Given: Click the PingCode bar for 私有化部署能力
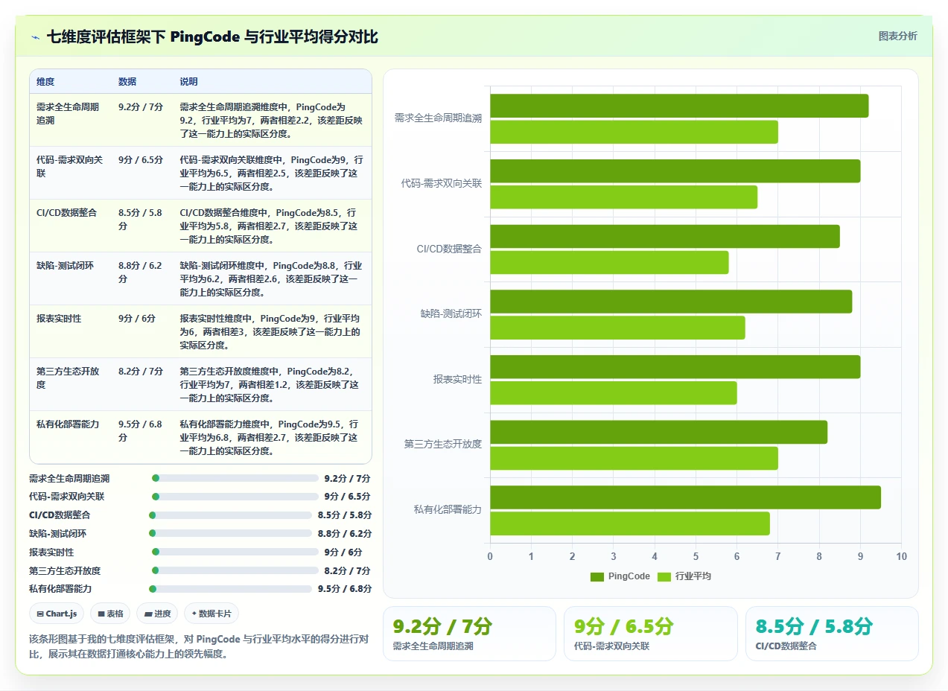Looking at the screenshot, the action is click(x=685, y=497).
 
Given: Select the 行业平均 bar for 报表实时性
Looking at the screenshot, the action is click(x=613, y=392).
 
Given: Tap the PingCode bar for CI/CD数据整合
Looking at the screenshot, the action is click(x=665, y=236).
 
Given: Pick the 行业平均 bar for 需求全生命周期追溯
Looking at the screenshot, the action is click(x=634, y=132).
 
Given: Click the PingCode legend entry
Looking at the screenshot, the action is click(x=620, y=576).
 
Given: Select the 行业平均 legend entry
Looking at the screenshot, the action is click(x=684, y=576).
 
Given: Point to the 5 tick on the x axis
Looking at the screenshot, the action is click(x=696, y=556).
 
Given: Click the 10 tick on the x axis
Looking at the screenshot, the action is click(x=901, y=556).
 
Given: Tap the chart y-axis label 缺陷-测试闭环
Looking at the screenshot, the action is click(x=451, y=313).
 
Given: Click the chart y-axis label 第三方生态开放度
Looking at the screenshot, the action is click(x=442, y=444).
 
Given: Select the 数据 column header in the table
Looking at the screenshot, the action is click(x=127, y=82).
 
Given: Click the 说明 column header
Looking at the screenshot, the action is click(x=188, y=82).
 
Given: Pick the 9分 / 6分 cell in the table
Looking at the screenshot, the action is click(x=137, y=318).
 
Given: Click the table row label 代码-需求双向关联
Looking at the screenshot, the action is click(x=69, y=166).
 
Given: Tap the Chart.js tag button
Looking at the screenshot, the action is click(x=57, y=614).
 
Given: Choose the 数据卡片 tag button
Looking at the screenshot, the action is click(x=211, y=614).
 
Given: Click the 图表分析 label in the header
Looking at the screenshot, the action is click(x=897, y=36).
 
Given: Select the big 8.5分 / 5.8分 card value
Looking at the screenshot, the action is click(x=814, y=627).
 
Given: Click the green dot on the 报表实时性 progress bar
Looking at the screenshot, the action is click(x=156, y=552).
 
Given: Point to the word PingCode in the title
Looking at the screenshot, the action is click(x=205, y=36).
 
